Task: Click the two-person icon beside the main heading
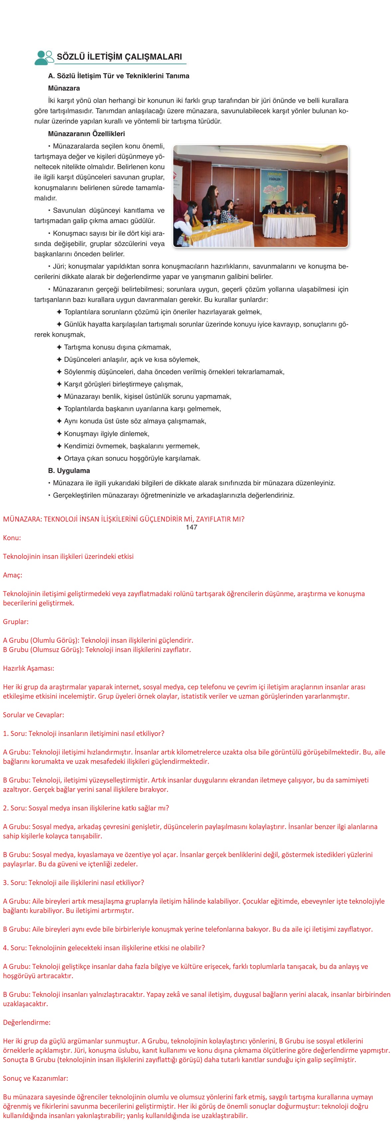[44, 58]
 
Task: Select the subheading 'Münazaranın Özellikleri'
[86, 133]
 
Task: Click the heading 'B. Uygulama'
[69, 470]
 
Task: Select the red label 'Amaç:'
[13, 575]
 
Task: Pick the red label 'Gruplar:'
[16, 621]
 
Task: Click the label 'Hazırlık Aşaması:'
[29, 668]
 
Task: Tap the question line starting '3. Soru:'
[73, 883]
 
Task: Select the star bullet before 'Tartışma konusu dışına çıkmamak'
[59, 347]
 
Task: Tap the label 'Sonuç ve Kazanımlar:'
[35, 1078]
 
